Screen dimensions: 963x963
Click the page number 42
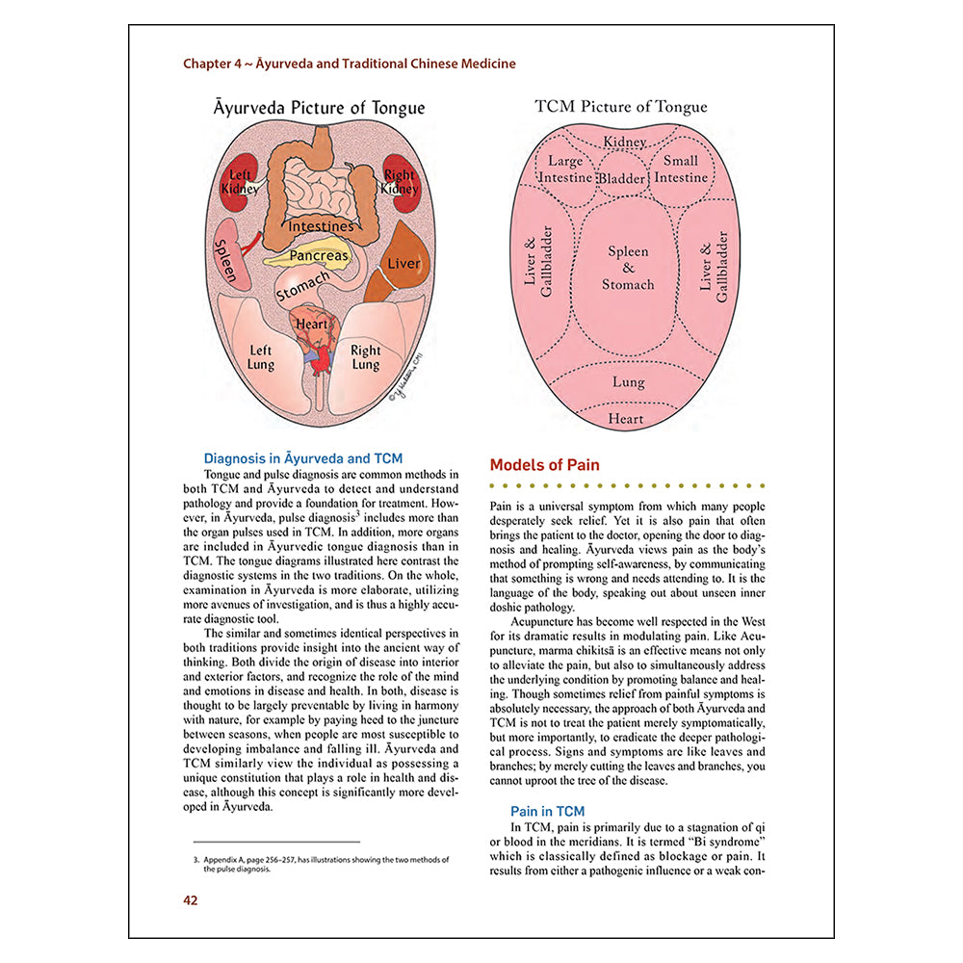[191, 900]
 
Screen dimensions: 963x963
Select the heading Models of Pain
[544, 465]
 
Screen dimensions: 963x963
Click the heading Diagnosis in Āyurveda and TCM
[303, 458]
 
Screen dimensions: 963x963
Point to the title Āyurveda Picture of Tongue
[319, 108]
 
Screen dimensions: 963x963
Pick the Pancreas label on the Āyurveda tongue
[319, 257]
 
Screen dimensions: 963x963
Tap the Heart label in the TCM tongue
[625, 419]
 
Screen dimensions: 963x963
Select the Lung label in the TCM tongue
[628, 382]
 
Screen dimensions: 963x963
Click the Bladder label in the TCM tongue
[622, 179]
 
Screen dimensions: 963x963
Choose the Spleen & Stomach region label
[628, 268]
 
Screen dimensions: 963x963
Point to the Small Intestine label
[681, 169]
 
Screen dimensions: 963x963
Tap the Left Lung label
[261, 358]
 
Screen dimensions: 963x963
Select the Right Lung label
[366, 358]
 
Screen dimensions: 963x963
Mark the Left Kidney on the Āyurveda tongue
[239, 181]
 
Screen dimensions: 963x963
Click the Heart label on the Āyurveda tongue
[312, 325]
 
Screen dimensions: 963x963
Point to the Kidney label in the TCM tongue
[624, 143]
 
